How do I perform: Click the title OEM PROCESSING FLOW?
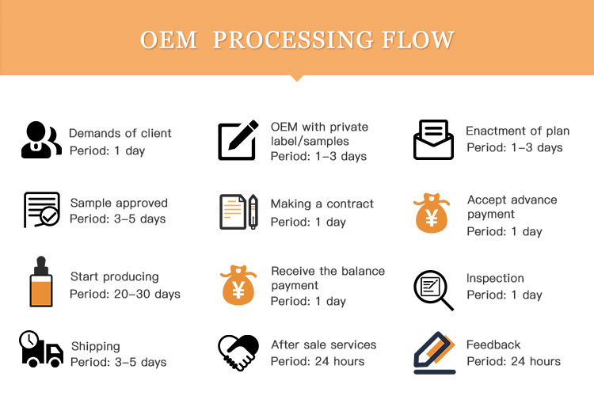[297, 40]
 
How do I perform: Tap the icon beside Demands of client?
[41, 140]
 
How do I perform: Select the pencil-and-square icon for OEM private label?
[238, 140]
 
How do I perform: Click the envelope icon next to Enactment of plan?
[433, 140]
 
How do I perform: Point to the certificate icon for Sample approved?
[41, 210]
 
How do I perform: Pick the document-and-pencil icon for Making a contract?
[238, 212]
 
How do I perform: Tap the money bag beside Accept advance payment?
[432, 213]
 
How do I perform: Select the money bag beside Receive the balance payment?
[238, 285]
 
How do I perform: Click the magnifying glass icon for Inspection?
[433, 289]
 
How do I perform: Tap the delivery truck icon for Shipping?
[41, 351]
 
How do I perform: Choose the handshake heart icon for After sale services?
[238, 352]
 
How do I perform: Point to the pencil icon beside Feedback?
[434, 353]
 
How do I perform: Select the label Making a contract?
[322, 204]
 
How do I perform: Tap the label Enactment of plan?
[517, 131]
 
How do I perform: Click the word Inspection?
[495, 278]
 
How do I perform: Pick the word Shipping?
[95, 346]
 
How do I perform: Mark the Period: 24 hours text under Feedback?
[513, 361]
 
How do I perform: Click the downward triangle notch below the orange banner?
[297, 78]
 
